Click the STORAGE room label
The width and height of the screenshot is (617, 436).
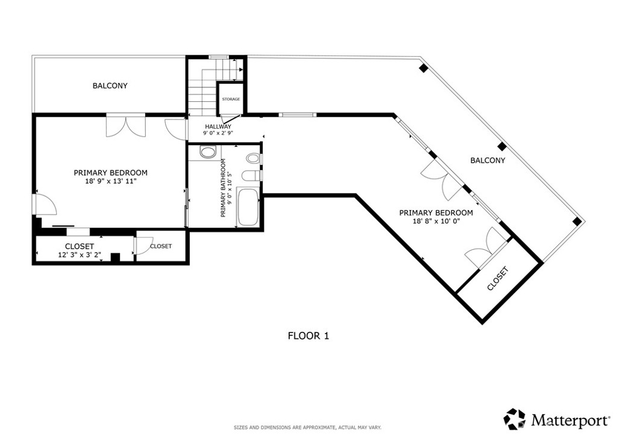pos(231,99)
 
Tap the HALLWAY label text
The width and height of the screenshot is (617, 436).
pos(218,126)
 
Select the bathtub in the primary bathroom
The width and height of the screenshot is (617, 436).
pos(248,208)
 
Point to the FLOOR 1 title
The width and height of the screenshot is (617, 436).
pos(308,336)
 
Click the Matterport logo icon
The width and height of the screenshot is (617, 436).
pos(515,419)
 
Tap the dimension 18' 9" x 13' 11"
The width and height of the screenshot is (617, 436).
pos(111,182)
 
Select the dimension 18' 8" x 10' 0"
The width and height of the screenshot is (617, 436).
pos(436,222)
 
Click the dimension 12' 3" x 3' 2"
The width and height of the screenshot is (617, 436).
pos(80,254)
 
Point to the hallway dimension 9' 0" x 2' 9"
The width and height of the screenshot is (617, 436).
pos(218,133)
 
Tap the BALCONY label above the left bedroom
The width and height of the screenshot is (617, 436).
pos(110,86)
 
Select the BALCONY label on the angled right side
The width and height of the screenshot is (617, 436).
pos(487,160)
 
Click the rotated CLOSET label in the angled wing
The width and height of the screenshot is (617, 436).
pos(498,279)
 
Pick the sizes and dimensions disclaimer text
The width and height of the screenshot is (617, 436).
pos(308,428)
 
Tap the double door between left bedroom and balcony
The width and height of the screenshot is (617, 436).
pos(126,125)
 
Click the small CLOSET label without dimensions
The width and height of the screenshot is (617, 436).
pos(161,246)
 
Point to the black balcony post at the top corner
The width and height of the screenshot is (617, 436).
pos(423,68)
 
